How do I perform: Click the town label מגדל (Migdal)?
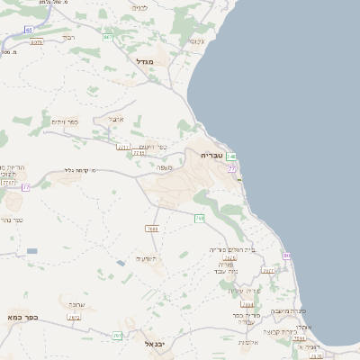tap(145, 62)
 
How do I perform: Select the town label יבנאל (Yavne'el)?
tap(155, 344)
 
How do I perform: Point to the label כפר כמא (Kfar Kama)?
tap(19, 318)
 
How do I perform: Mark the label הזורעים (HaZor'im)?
tap(146, 259)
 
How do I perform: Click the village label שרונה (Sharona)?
tap(76, 305)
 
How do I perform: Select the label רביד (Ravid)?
tap(69, 38)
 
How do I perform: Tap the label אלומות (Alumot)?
tap(249, 342)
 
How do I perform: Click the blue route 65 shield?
tap(29, 30)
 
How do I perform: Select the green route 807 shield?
tap(108, 38)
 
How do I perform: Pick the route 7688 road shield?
tap(151, 229)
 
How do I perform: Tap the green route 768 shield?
tap(199, 218)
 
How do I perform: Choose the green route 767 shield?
tap(118, 336)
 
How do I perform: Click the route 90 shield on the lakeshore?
tap(287, 256)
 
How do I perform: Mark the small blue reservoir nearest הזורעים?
tap(121, 264)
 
